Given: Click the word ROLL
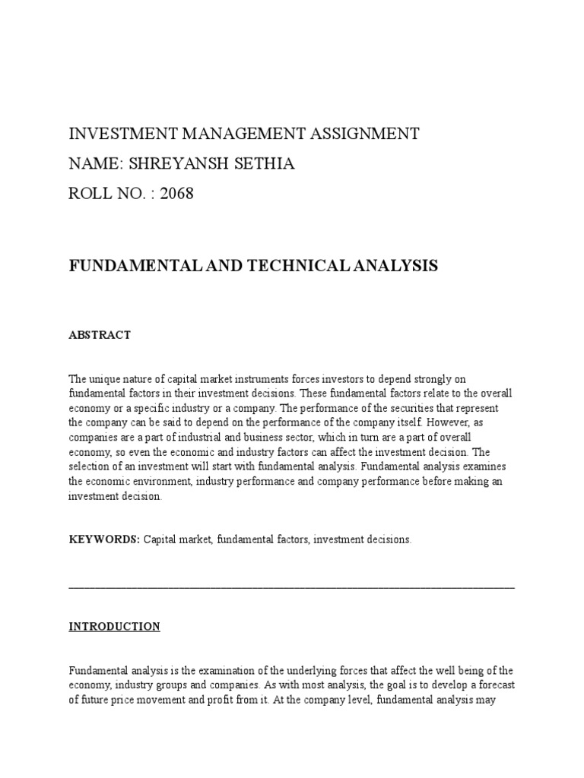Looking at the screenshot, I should [x=90, y=194].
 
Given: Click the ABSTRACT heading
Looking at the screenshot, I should [x=100, y=335].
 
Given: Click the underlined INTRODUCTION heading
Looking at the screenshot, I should [x=115, y=627].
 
